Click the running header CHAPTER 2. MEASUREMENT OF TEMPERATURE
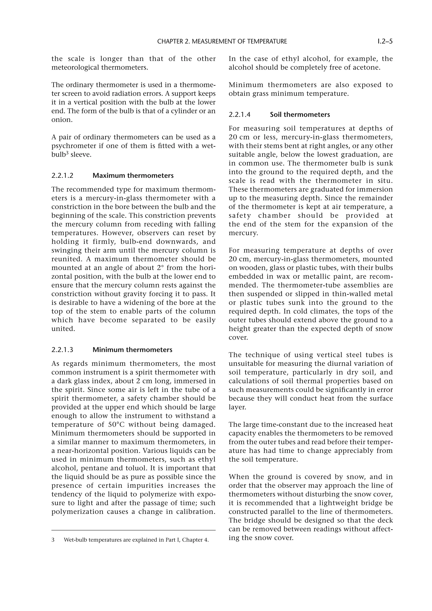pos(222,41)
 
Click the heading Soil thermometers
pos(300,115)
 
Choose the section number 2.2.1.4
pos(239,115)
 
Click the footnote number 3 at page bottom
pos(53,540)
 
